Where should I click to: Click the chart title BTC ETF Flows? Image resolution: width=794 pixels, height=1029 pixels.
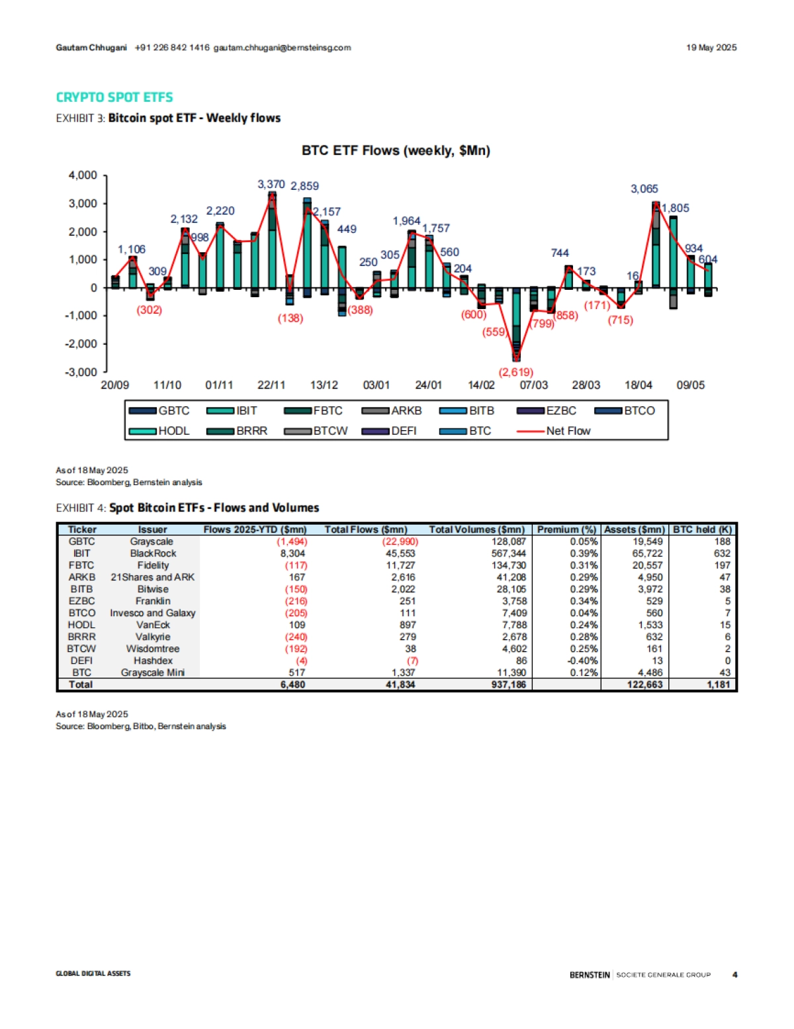click(x=396, y=151)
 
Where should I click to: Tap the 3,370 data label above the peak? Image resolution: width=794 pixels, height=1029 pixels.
click(x=271, y=185)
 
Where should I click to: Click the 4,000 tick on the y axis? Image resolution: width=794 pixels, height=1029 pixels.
click(x=83, y=175)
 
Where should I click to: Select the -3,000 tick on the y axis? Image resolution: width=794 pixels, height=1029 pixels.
click(x=81, y=372)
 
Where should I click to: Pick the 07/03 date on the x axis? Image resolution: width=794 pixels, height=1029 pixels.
click(x=533, y=385)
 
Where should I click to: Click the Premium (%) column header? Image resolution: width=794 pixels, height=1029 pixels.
click(x=566, y=529)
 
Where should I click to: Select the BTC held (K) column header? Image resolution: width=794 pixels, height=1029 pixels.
click(x=702, y=529)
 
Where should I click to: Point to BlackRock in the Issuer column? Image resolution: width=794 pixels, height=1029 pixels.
click(x=153, y=553)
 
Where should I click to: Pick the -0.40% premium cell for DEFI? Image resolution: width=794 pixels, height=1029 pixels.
click(x=584, y=660)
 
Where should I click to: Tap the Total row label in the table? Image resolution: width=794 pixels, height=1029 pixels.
click(x=81, y=684)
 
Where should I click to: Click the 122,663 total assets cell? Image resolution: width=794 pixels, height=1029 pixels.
click(x=644, y=684)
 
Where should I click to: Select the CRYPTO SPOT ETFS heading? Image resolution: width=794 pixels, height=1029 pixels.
click(x=114, y=97)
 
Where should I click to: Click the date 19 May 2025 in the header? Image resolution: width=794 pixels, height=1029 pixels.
click(x=711, y=48)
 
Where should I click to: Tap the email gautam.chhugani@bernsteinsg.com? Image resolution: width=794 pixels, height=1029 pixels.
click(x=282, y=48)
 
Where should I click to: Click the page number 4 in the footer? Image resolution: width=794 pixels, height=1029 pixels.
click(x=734, y=974)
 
